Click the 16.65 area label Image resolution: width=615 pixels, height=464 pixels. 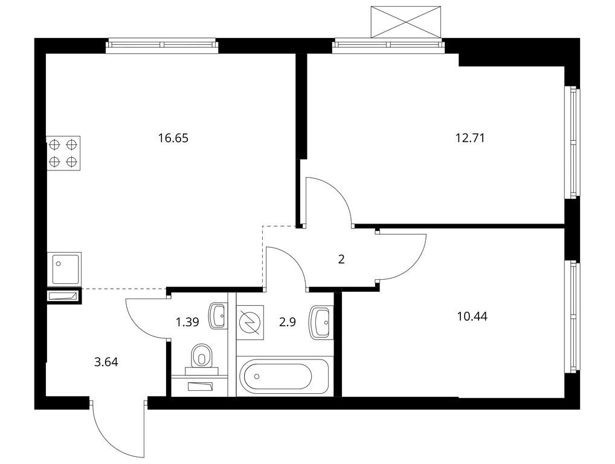pos(173,138)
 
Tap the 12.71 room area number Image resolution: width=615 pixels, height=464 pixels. pos(470,138)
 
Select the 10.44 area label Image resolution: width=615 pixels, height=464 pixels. pos(472,316)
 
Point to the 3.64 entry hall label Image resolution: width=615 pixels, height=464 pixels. pos(106,362)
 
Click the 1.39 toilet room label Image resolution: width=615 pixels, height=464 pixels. pos(187,323)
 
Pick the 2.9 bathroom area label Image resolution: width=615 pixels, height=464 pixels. pos(288,323)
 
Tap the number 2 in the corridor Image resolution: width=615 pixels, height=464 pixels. pos(341,259)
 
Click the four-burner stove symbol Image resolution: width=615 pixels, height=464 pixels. pos(63,153)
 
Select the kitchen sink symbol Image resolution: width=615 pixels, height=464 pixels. pos(64,269)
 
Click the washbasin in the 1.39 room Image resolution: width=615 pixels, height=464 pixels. pos(217,315)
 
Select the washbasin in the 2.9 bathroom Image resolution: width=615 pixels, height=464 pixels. pos(320,322)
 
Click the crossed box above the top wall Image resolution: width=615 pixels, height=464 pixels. pos(406,22)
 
